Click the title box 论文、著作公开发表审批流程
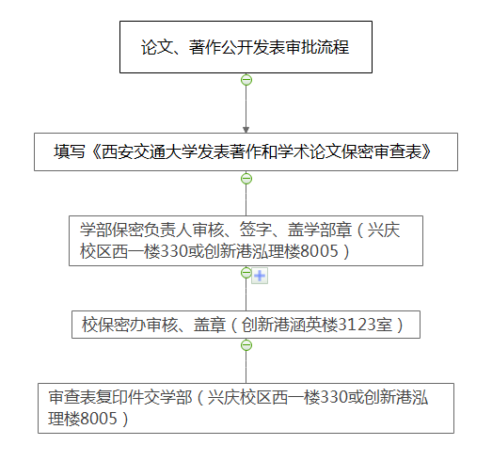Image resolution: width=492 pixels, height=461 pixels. [246, 47]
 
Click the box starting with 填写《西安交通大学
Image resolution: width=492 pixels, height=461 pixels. [246, 151]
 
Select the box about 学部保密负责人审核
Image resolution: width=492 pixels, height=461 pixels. [246, 241]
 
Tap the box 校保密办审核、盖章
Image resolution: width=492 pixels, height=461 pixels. [246, 325]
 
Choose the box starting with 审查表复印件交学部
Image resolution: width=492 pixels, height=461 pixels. [246, 408]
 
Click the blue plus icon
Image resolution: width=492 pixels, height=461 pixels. [260, 276]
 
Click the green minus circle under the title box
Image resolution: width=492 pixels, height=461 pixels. [246, 80]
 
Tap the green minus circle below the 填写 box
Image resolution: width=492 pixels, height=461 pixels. [246, 179]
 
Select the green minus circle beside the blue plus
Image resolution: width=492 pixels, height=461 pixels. [246, 273]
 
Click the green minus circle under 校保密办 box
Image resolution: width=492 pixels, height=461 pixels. [246, 345]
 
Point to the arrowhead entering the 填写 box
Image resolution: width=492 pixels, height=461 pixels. [246, 130]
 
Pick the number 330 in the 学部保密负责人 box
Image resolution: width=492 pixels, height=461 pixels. [174, 251]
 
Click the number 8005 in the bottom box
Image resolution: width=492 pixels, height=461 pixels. [99, 419]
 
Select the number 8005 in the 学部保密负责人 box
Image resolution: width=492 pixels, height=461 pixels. [320, 251]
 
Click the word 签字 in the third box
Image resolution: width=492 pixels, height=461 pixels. [256, 230]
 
